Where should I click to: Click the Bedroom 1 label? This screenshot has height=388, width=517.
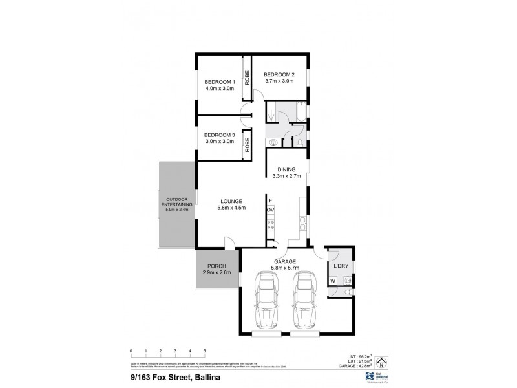coord(219,81)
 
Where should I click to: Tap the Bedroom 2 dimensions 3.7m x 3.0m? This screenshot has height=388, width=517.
coord(279,81)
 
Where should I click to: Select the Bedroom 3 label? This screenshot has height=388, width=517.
coord(219,135)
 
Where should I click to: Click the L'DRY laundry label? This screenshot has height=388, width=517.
coord(341,266)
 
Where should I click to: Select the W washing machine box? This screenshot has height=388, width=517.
coord(333,281)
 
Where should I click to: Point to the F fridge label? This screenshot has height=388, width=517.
coord(270,200)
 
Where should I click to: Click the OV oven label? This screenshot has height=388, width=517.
coord(270,210)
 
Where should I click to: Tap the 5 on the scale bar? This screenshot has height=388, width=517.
coord(205,351)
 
